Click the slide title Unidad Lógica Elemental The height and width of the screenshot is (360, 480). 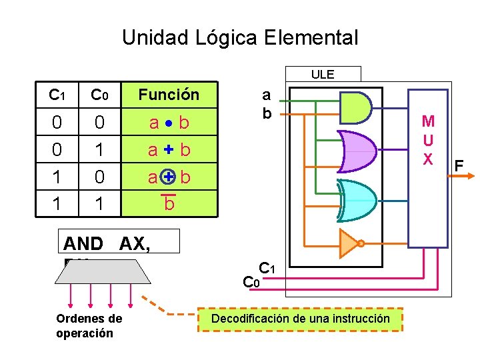[240, 37]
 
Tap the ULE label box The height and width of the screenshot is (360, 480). [323, 74]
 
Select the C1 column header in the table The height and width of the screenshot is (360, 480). [57, 95]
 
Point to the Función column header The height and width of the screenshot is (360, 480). [169, 95]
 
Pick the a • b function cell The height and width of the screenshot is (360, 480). [169, 123]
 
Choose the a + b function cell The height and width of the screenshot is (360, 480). [169, 150]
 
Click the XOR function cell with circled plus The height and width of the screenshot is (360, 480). [169, 177]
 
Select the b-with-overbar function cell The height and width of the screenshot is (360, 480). [169, 203]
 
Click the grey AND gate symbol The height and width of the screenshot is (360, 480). [355, 107]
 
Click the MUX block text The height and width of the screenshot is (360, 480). [428, 141]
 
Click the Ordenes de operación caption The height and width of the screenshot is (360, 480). [89, 326]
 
